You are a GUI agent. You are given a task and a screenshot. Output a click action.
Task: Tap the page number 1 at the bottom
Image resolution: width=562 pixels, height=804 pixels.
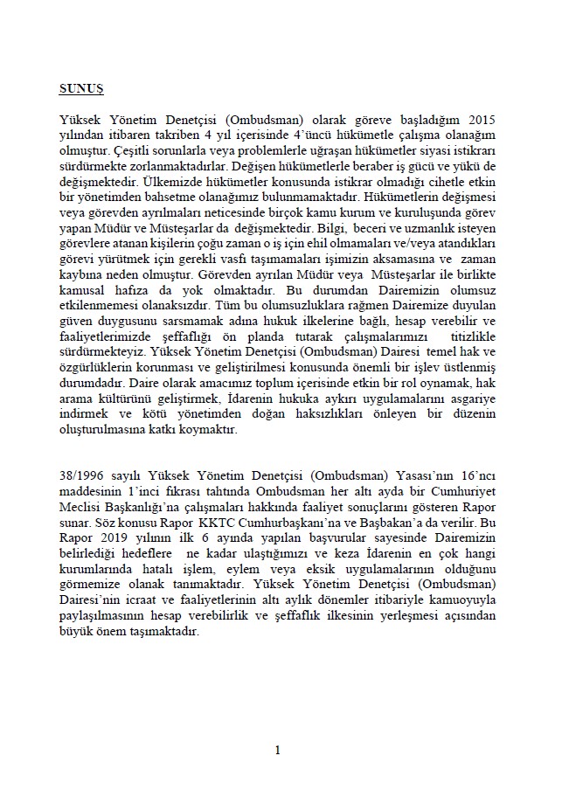pyautogui.click(x=278, y=749)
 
